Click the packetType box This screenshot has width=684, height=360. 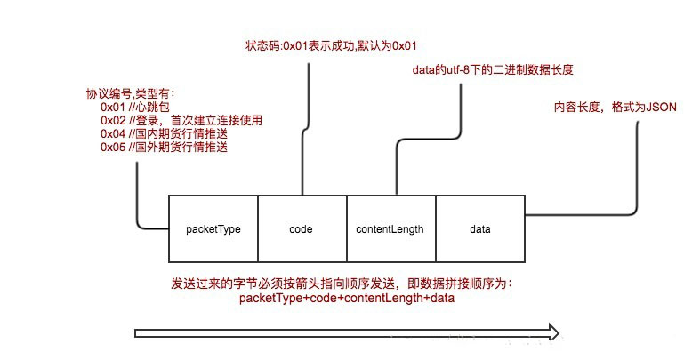click(x=213, y=228)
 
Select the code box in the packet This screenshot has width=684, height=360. click(x=302, y=228)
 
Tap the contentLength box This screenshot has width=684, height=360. click(x=390, y=228)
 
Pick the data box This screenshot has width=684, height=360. click(x=479, y=228)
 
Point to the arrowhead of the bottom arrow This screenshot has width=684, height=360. click(x=552, y=333)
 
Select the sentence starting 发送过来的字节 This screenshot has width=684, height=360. click(x=342, y=284)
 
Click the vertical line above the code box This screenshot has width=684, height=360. click(x=309, y=124)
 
